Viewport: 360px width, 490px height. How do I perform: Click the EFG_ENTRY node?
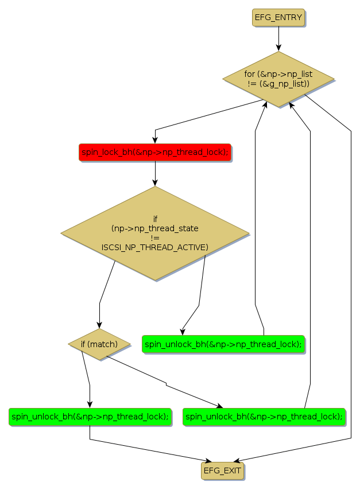(x=278, y=17)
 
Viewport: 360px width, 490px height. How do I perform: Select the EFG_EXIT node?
(x=222, y=470)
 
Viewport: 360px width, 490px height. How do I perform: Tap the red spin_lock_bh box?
(x=155, y=152)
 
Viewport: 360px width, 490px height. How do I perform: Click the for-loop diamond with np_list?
(x=278, y=79)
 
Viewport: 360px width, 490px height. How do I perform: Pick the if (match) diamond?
(x=99, y=344)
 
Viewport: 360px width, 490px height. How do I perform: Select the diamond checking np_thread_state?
(x=155, y=233)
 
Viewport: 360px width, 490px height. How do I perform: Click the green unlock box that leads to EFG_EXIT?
(x=90, y=417)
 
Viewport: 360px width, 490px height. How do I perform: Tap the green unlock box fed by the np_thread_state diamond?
(x=223, y=344)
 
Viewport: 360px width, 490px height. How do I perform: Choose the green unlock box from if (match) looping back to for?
(x=264, y=417)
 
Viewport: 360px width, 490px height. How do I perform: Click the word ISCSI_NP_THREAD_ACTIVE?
(x=155, y=247)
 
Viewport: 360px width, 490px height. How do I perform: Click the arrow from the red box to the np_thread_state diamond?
(x=155, y=173)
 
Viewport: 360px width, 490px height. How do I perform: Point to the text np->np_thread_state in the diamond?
(x=155, y=228)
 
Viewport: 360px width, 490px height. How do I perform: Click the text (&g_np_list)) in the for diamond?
(x=278, y=84)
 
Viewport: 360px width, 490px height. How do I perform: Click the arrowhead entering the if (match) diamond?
(x=100, y=325)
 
